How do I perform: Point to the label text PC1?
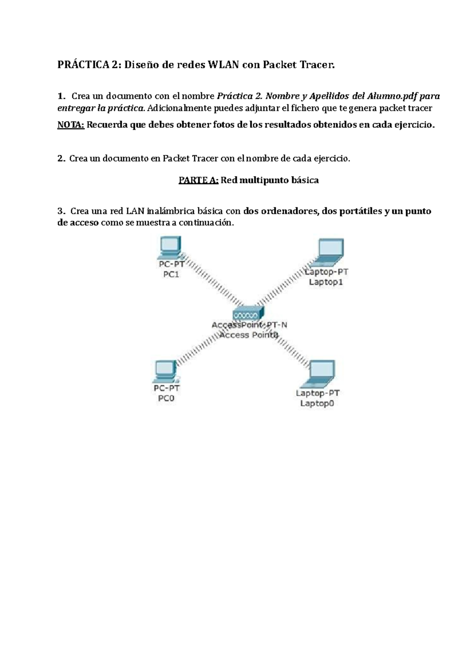click(171, 274)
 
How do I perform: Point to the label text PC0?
click(166, 398)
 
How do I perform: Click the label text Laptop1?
click(326, 282)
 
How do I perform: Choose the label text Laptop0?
click(317, 403)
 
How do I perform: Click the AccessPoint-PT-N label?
click(249, 325)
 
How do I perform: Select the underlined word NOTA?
click(71, 125)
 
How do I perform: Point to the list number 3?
click(60, 211)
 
